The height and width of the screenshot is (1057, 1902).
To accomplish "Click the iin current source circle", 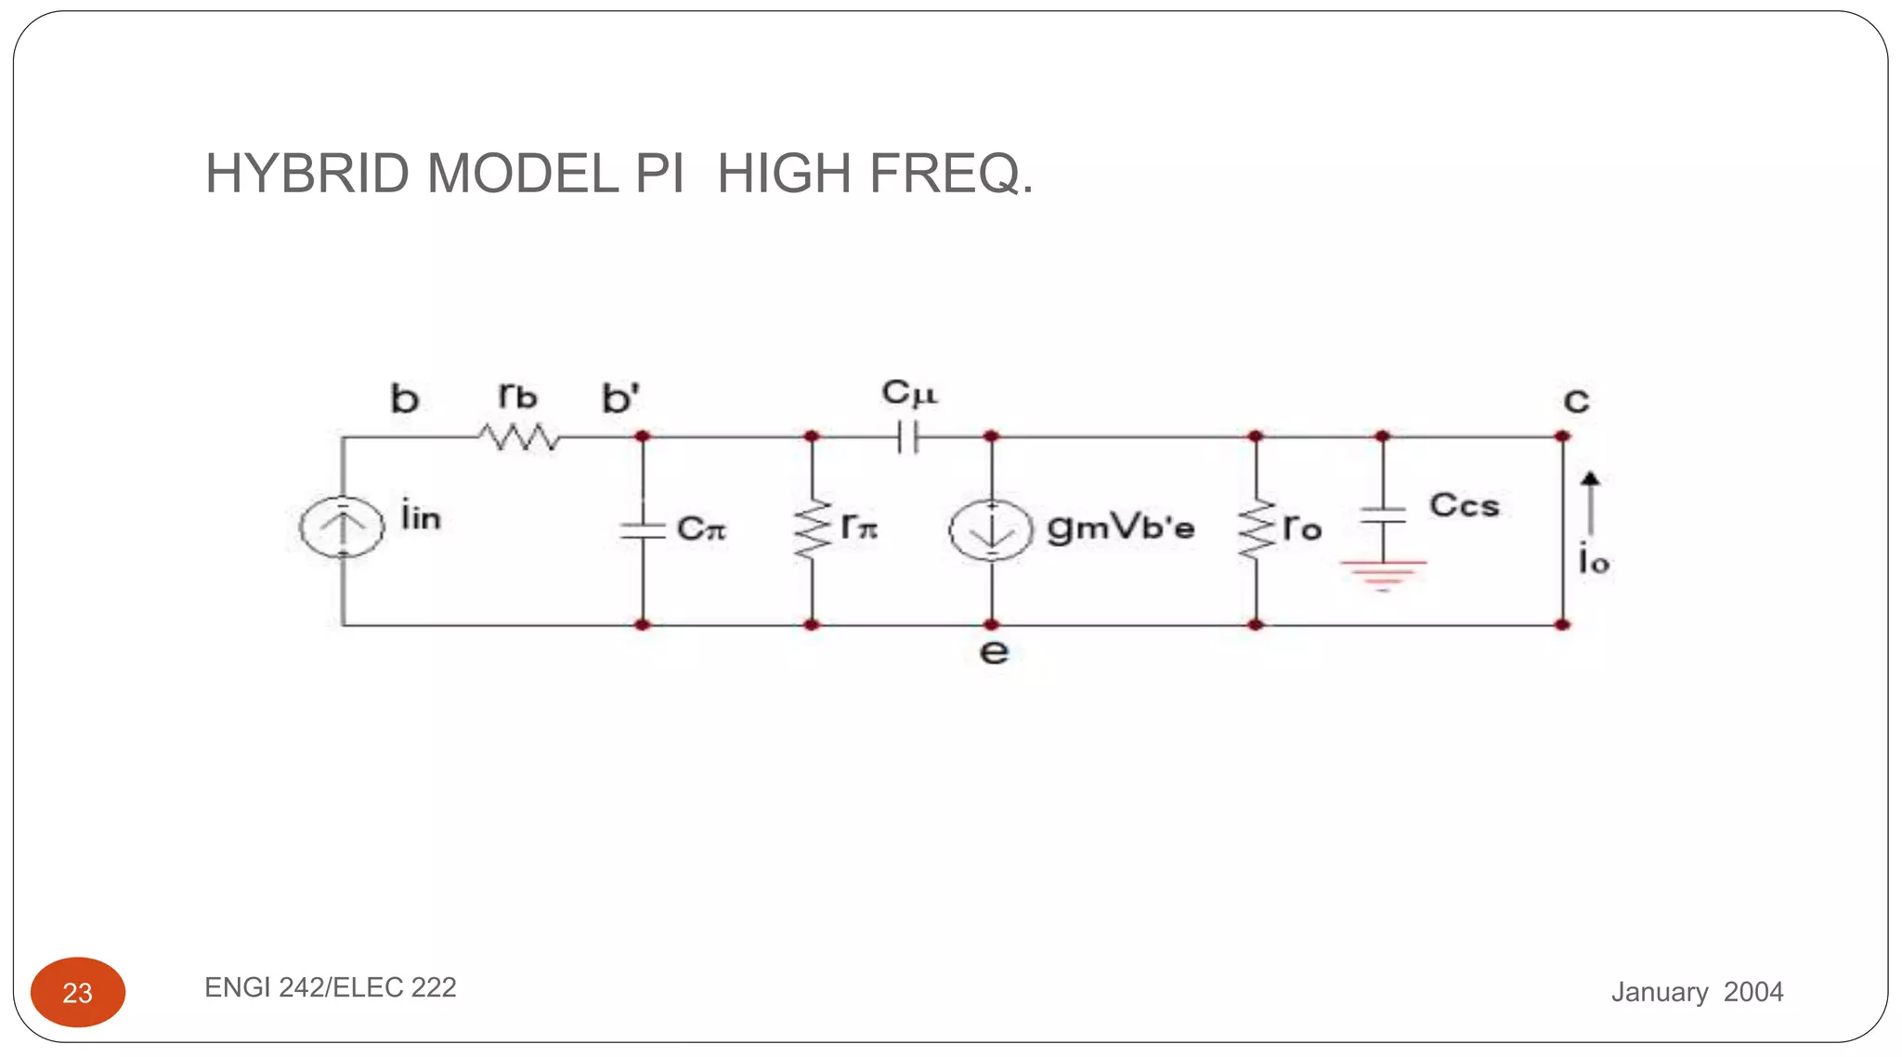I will click(x=342, y=527).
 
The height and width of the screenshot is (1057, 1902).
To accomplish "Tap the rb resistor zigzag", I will click(x=520, y=437).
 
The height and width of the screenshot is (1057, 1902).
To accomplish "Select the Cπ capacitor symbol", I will click(x=643, y=530).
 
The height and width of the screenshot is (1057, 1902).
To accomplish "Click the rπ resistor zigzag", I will click(x=813, y=530).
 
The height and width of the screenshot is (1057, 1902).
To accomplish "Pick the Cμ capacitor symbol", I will click(x=908, y=437).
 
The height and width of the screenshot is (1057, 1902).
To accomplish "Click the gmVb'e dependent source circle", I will click(x=991, y=530).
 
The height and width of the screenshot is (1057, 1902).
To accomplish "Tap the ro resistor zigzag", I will click(x=1256, y=530).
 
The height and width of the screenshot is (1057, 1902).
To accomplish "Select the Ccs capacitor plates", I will click(x=1383, y=515).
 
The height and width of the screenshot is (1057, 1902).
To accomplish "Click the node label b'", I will click(x=620, y=399).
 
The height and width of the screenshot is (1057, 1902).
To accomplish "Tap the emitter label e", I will click(x=994, y=652).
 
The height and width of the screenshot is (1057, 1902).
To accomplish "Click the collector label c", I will click(x=1576, y=401).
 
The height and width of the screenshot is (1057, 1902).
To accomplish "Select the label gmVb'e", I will click(x=1121, y=528).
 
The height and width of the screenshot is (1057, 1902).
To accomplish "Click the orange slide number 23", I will click(x=78, y=992).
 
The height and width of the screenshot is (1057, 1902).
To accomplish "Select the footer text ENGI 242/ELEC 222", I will click(x=331, y=987).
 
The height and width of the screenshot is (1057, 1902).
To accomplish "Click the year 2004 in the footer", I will click(x=1753, y=992).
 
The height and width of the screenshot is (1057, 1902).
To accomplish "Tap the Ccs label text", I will click(x=1465, y=505).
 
